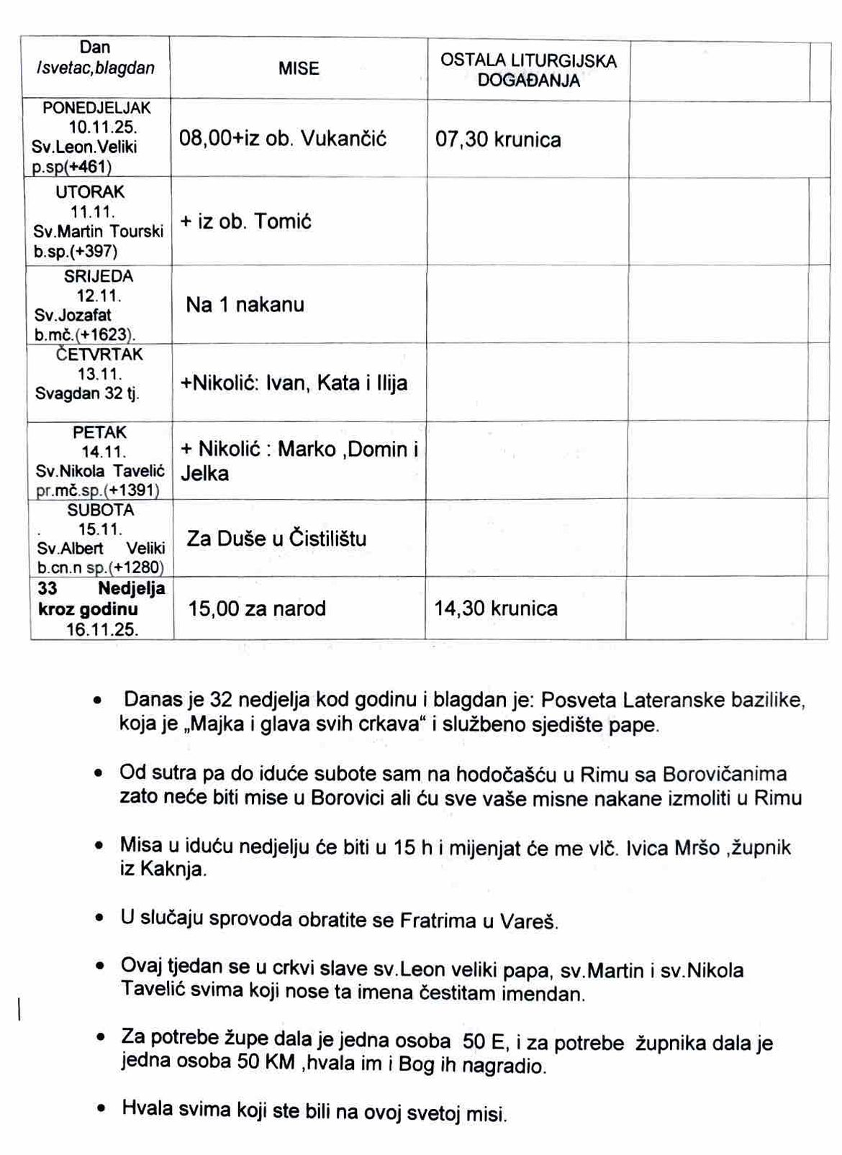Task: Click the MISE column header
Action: tap(299, 69)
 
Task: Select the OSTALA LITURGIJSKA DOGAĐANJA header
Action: tap(528, 70)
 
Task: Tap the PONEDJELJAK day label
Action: tap(96, 108)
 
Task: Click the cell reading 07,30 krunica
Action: tap(498, 140)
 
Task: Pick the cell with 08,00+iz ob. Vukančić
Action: tap(282, 139)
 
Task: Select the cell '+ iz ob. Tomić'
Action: tap(245, 222)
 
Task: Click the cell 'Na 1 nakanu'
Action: tap(245, 305)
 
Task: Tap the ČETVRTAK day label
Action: tap(99, 355)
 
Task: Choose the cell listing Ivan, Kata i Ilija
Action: tap(294, 383)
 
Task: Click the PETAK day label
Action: tap(99, 432)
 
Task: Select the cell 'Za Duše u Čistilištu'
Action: tap(276, 539)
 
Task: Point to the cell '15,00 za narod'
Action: tap(257, 609)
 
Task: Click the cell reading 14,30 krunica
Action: tap(495, 609)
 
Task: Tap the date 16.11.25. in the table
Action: tap(101, 630)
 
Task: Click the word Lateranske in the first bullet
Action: tap(670, 700)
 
